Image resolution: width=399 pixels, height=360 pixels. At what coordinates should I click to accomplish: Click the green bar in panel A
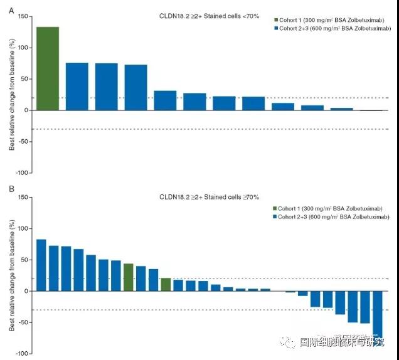(x=48, y=68)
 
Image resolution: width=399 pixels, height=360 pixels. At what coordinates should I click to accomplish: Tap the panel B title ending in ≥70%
(x=208, y=198)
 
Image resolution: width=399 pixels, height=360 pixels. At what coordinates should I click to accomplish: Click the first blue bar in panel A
(x=77, y=87)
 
